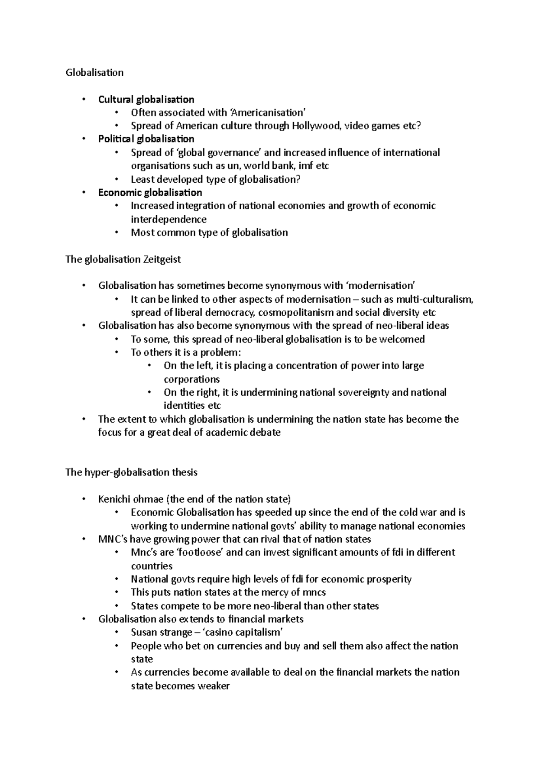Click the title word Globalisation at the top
94,73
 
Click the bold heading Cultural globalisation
146,99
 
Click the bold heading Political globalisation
146,139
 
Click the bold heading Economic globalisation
150,193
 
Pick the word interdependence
169,219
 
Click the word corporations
192,379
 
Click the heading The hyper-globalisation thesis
131,472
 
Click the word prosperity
387,579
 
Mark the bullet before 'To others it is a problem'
116,352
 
